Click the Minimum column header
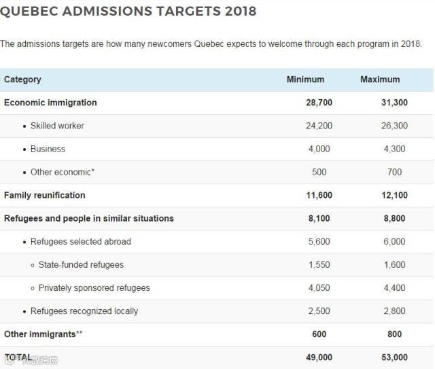point(305,80)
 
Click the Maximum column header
point(380,80)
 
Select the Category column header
point(22,80)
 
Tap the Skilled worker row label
point(57,126)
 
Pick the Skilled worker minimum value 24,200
point(319,126)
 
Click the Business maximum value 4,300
point(394,149)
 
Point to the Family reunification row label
point(45,195)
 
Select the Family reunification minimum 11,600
point(319,195)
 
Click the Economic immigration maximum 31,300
point(394,103)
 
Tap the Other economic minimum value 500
point(319,172)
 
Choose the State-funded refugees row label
point(81,264)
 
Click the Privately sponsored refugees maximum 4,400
point(394,287)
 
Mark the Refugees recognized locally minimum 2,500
point(319,311)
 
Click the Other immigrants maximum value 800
point(394,334)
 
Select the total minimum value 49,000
point(319,357)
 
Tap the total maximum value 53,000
point(394,357)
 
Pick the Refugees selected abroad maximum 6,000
point(394,241)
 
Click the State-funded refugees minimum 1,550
point(319,264)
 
